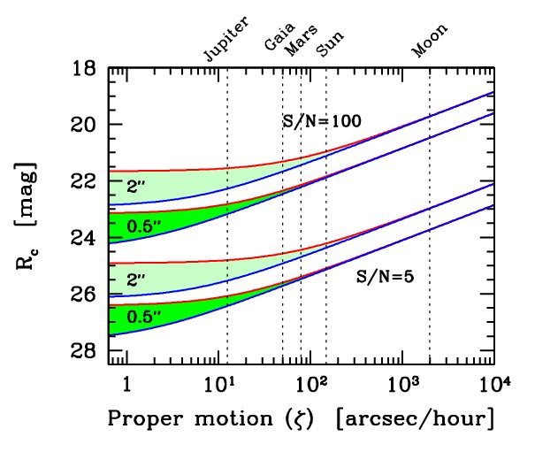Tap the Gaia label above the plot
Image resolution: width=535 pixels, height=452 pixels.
279,36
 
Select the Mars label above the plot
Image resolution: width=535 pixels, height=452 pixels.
301,41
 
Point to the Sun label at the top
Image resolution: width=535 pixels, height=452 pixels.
330,44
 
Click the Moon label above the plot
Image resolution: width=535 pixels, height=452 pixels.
429,41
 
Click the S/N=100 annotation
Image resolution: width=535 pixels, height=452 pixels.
322,121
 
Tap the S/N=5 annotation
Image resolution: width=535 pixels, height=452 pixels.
385,276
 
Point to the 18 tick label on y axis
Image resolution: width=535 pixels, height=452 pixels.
83,69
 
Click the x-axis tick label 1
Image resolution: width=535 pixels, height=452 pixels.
127,385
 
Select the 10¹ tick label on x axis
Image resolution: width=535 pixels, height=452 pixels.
218,384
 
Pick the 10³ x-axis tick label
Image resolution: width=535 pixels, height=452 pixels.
403,384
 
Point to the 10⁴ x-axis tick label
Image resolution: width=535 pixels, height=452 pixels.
495,384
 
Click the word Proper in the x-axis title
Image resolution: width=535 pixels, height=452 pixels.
145,419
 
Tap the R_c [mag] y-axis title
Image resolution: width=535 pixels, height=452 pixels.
26,216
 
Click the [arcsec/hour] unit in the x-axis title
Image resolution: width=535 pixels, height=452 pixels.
416,418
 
